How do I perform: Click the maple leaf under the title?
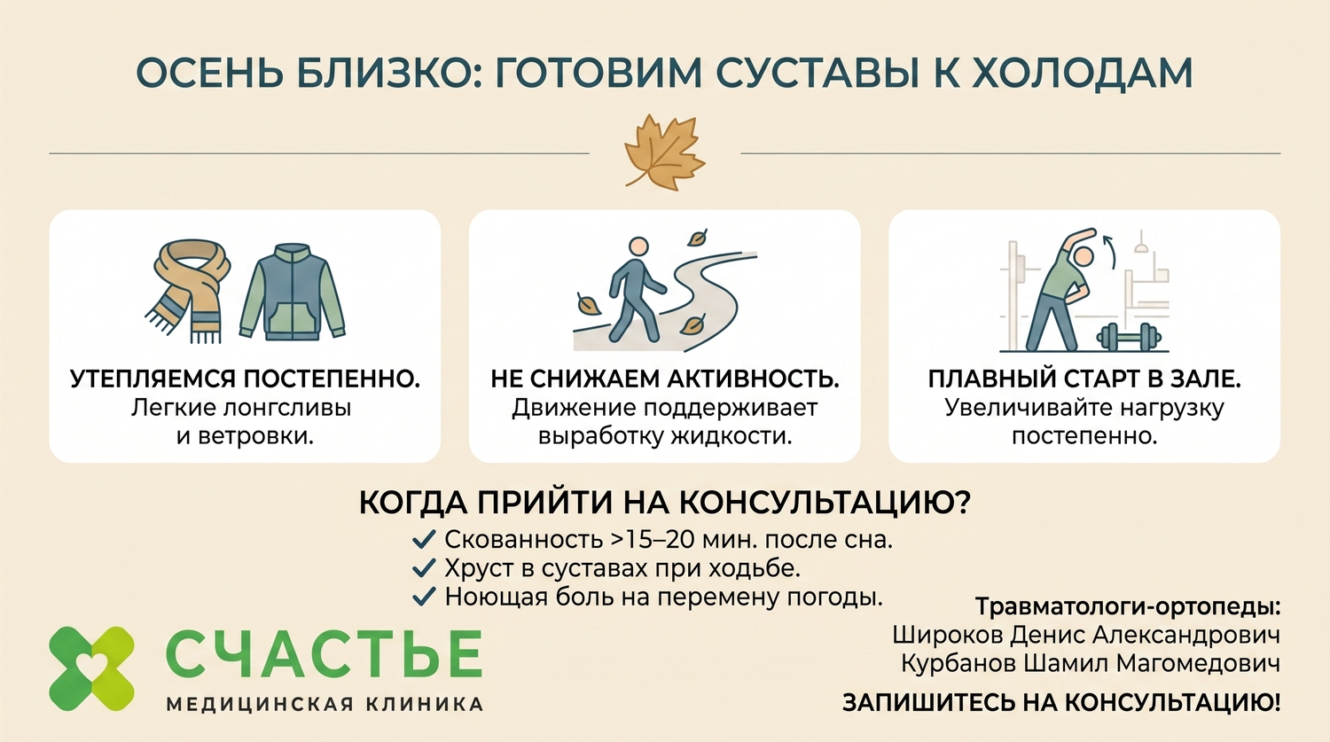664,153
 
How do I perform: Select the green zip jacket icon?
293,292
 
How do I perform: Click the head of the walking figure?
639,247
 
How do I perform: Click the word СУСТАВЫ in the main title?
834,73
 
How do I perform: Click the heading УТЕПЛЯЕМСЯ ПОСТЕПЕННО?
246,379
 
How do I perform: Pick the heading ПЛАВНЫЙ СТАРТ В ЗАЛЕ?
1084,379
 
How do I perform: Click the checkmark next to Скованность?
424,540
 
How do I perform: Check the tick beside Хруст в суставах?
424,568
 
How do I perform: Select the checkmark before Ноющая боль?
424,597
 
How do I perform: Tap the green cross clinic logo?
91,668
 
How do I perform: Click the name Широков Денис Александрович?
1086,635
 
